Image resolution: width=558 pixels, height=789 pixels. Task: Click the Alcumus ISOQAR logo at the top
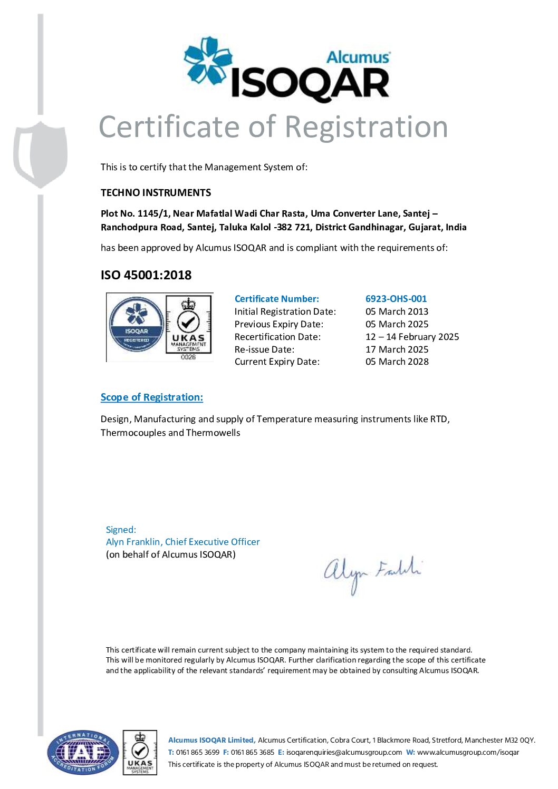click(x=287, y=70)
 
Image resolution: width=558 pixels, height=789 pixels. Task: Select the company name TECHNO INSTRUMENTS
click(x=156, y=193)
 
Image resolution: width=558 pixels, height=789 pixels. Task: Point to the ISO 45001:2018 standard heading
click(x=146, y=275)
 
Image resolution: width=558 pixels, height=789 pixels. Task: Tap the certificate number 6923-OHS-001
click(x=396, y=299)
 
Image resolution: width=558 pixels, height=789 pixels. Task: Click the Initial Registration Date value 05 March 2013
click(x=397, y=311)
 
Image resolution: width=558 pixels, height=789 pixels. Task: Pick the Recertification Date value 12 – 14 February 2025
click(x=412, y=337)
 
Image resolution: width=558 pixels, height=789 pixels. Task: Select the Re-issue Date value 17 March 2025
click(x=397, y=349)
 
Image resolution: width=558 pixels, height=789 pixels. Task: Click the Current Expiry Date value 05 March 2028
click(x=397, y=362)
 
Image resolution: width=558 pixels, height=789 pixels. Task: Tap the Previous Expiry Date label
click(x=279, y=324)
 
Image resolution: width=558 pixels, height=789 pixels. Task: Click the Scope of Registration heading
click(x=152, y=397)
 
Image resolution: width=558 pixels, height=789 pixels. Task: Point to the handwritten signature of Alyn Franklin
click(x=372, y=573)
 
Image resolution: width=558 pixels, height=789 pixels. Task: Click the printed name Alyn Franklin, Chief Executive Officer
click(x=182, y=542)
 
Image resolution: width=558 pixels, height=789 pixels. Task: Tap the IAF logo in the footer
click(x=82, y=752)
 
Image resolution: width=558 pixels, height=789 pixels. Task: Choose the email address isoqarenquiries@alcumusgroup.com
click(x=344, y=752)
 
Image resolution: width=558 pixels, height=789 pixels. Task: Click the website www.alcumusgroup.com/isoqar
click(x=468, y=752)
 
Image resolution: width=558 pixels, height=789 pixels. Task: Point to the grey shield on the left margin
click(x=41, y=153)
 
